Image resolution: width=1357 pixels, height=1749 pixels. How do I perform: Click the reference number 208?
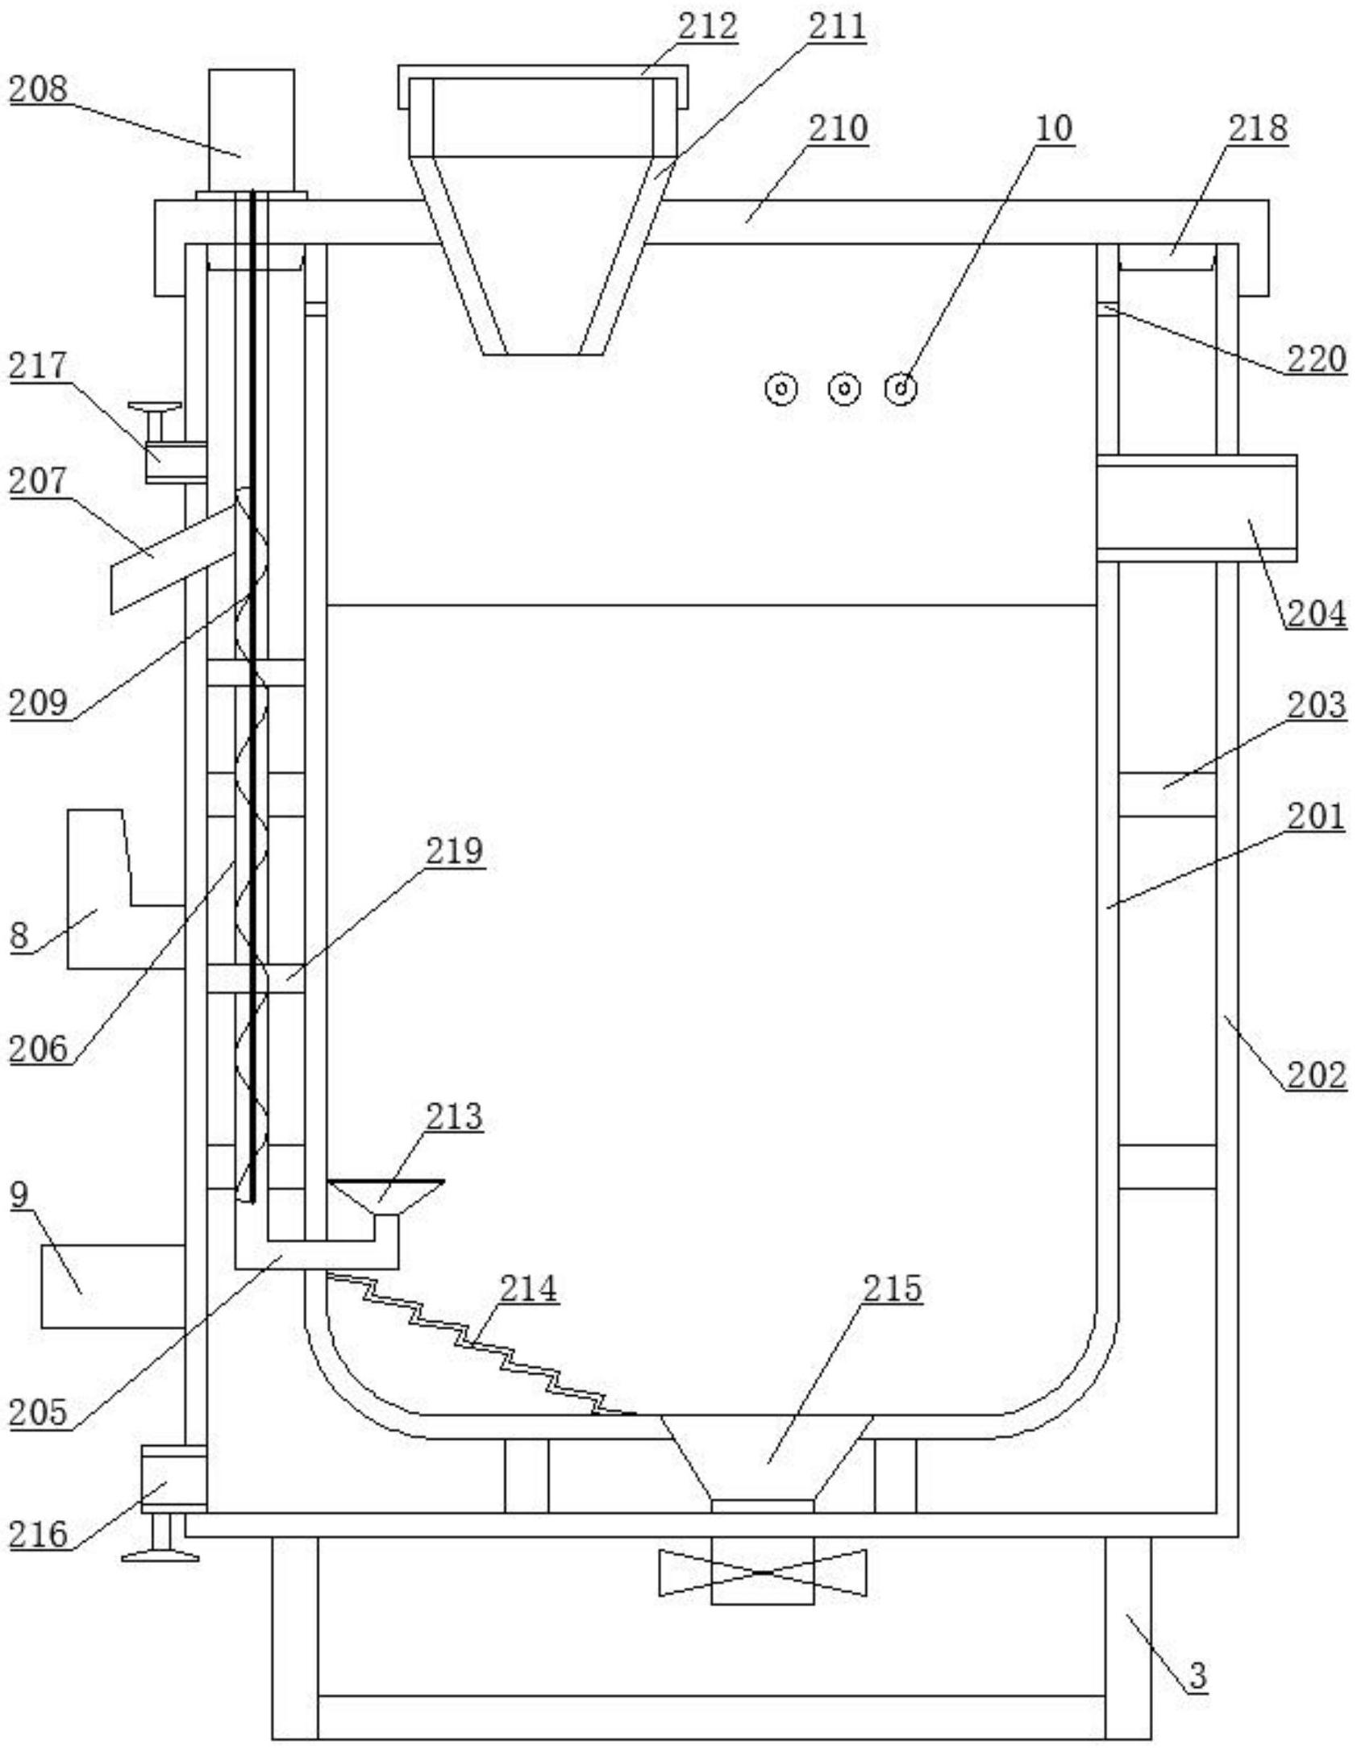pyautogui.click(x=38, y=89)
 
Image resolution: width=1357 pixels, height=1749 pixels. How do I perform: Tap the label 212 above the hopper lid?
pyautogui.click(x=707, y=27)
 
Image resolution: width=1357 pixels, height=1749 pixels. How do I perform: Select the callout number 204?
pyautogui.click(x=1316, y=614)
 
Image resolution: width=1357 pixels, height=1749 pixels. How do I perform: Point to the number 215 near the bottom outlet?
pyautogui.click(x=892, y=1288)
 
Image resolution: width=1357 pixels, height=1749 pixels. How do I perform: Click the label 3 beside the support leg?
pyautogui.click(x=1197, y=1676)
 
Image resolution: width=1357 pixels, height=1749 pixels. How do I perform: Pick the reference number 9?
pyautogui.click(x=20, y=1195)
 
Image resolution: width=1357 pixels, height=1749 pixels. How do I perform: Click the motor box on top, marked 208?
pyautogui.click(x=251, y=131)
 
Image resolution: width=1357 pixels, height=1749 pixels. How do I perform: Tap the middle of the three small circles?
pyautogui.click(x=844, y=389)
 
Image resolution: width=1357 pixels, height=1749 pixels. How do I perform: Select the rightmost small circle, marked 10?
pyautogui.click(x=901, y=389)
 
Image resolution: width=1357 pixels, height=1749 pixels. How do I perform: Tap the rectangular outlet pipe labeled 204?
pyautogui.click(x=1197, y=508)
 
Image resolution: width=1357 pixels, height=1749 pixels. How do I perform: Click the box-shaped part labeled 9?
pyautogui.click(x=113, y=1286)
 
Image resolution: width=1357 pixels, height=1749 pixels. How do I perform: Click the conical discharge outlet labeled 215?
pyautogui.click(x=763, y=1460)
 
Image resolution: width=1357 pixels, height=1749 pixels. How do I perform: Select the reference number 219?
pyautogui.click(x=455, y=851)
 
